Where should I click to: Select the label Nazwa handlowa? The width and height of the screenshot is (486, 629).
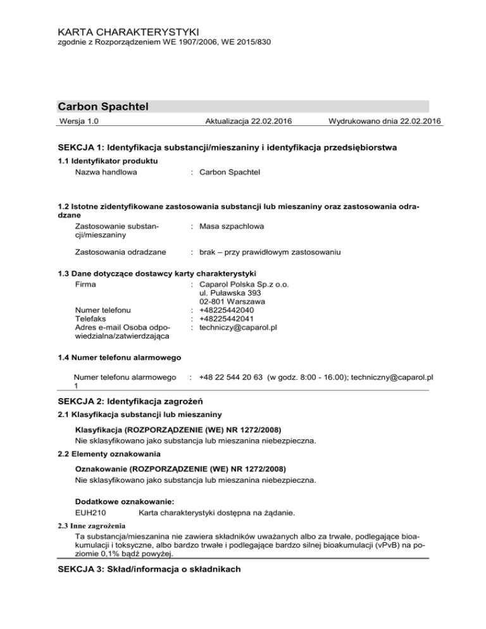pyautogui.click(x=106, y=172)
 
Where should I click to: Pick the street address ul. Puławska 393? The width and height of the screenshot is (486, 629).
pyautogui.click(x=229, y=293)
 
